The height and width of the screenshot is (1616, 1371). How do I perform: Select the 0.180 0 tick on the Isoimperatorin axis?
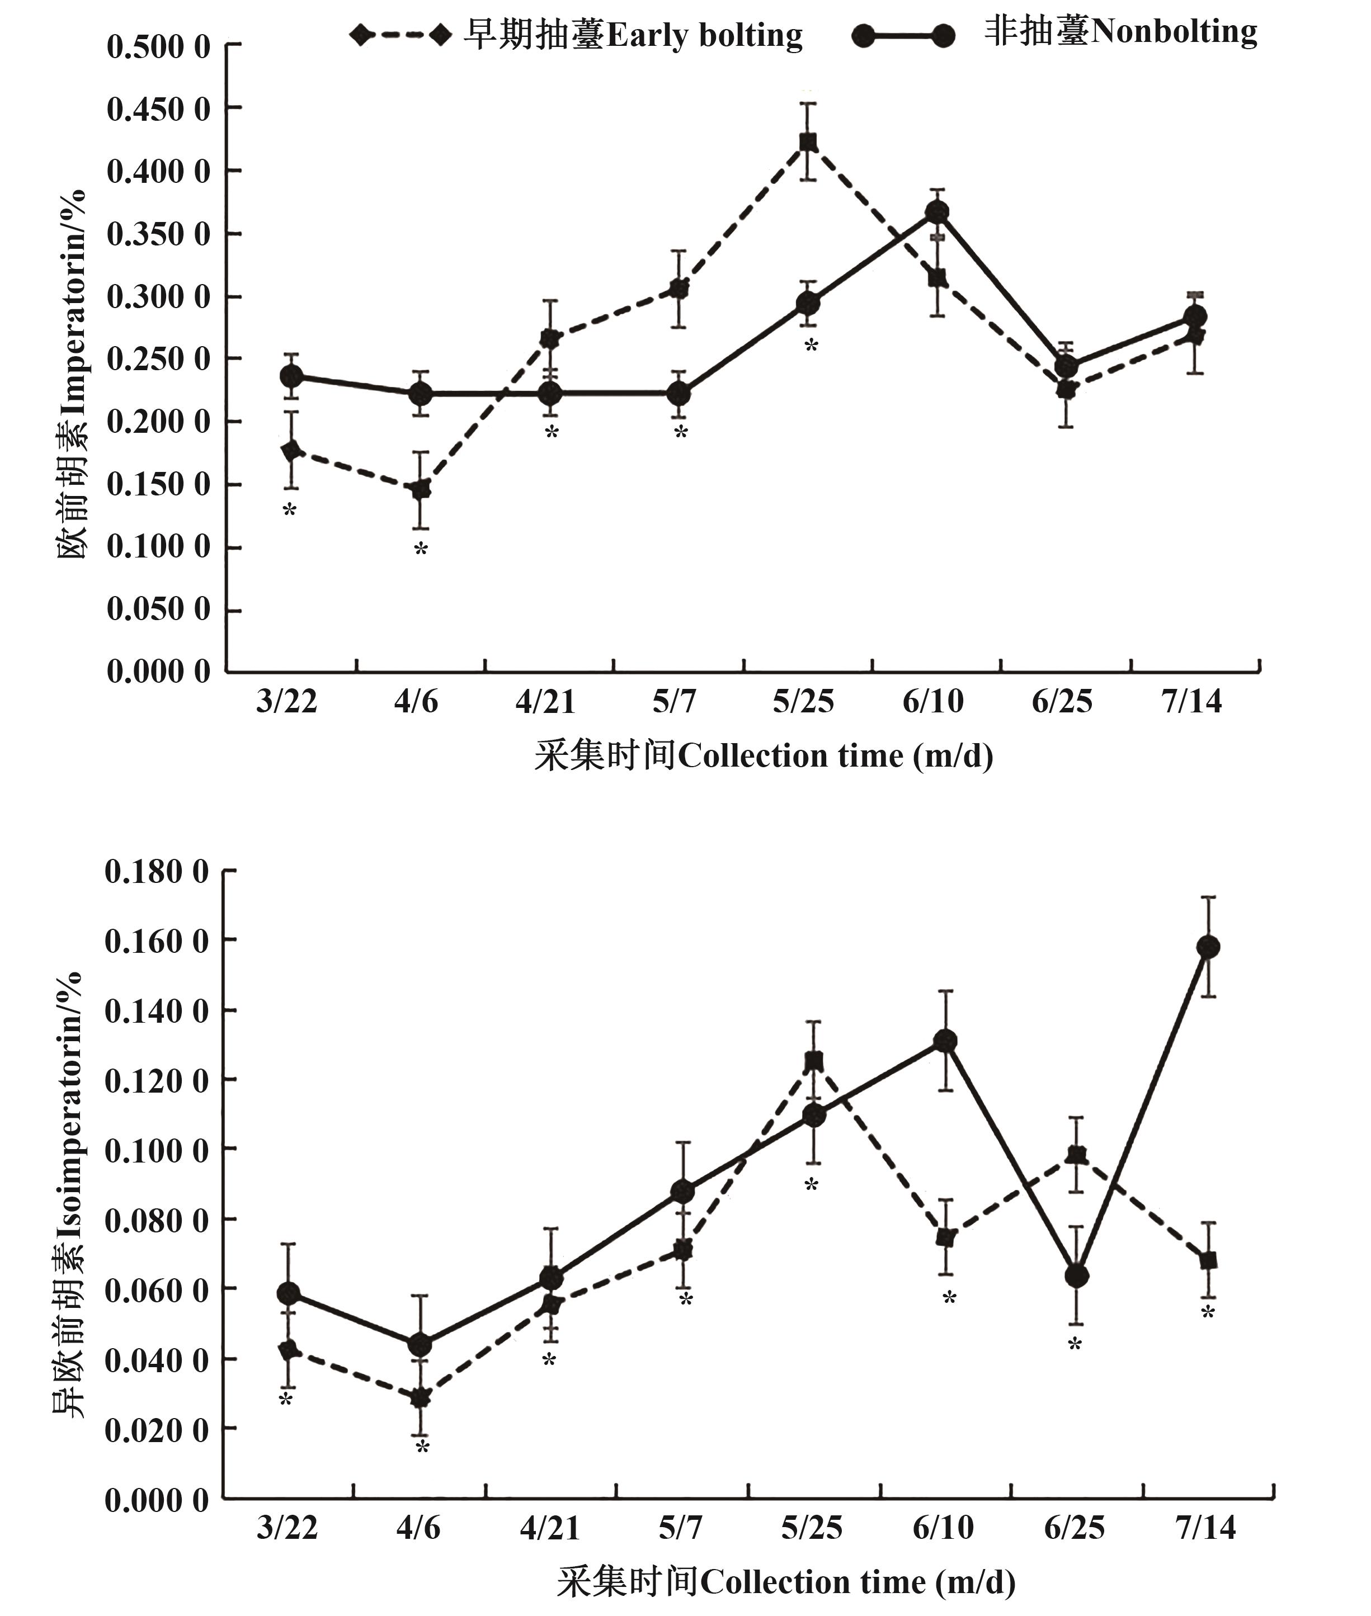point(157,872)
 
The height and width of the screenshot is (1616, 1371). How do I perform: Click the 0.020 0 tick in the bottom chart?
point(157,1429)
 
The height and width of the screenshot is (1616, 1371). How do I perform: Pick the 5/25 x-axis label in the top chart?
point(803,702)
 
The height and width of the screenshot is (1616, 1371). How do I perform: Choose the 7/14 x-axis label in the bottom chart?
point(1205,1528)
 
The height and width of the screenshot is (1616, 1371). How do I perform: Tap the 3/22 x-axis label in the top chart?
point(287,702)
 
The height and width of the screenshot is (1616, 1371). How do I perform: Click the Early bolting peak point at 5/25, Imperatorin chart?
point(808,141)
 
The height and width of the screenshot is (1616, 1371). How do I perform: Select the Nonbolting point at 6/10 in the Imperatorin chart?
point(936,212)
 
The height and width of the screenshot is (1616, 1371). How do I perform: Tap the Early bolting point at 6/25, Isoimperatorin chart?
point(1076,1155)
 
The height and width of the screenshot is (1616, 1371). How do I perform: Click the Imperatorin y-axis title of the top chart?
point(72,373)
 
